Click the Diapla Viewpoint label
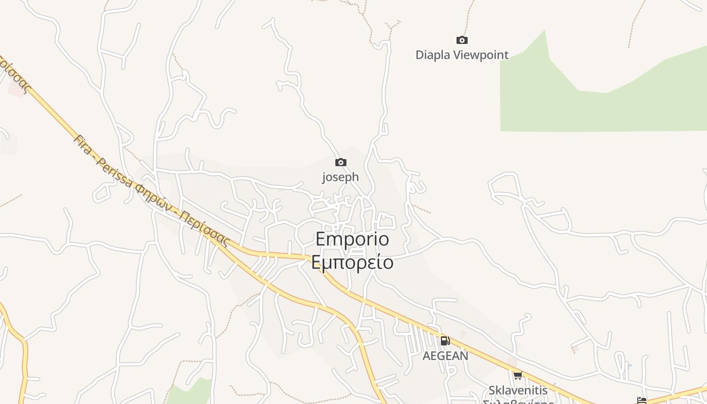pos(462,55)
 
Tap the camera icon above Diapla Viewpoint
pos(462,40)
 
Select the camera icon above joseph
pos(341,162)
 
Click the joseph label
pos(340,177)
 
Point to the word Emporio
pos(352,239)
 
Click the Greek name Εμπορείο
pos(352,263)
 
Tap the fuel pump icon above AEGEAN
pos(445,341)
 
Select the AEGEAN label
pos(445,356)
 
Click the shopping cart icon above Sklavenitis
pos(518,375)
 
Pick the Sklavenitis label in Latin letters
pos(518,390)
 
